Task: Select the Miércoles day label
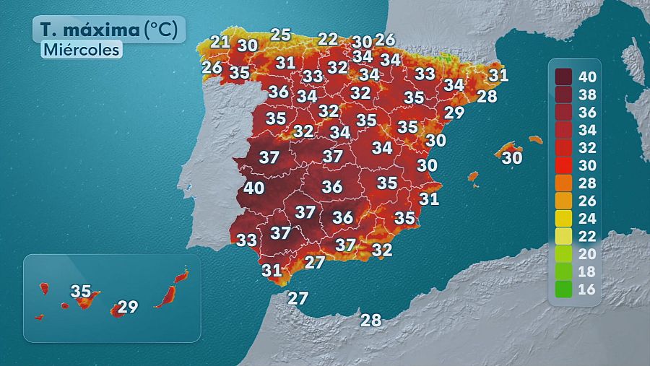80,50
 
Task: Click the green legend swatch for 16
563,290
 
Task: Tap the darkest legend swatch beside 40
563,76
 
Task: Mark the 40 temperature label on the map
253,188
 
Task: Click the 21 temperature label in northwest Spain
220,42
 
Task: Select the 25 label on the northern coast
280,34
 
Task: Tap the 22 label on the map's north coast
328,39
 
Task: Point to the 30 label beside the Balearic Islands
511,157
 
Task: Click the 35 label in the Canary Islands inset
81,291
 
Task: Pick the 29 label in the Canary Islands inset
127,306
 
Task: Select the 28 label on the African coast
370,321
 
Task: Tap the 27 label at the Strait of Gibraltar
298,297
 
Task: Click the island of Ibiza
473,176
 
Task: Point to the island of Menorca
535,139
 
